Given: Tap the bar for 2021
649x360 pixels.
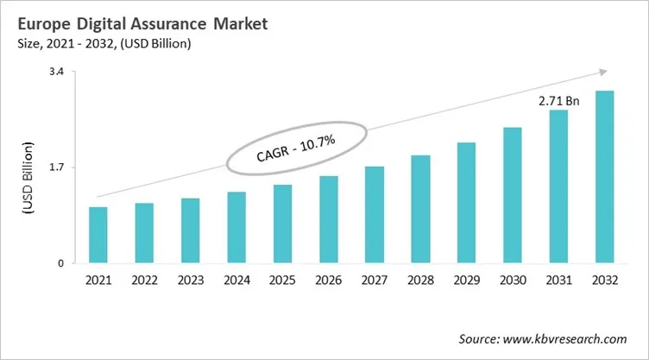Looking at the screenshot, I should pos(98,235).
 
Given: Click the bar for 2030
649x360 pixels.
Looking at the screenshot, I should pos(513,195).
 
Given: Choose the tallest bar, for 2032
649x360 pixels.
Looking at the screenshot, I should pos(604,177).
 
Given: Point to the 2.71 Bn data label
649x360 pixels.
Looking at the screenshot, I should pos(558,101).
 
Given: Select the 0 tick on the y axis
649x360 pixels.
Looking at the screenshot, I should pos(60,263).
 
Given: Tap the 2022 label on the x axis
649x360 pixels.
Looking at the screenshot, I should pos(144,281).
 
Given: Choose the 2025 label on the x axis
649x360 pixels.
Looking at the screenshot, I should pos(282,281).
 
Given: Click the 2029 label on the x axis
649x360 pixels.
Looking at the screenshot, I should pos(466,281).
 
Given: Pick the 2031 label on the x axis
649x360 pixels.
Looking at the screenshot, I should pos(558,281).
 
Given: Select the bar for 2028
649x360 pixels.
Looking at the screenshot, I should pos(420,209).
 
